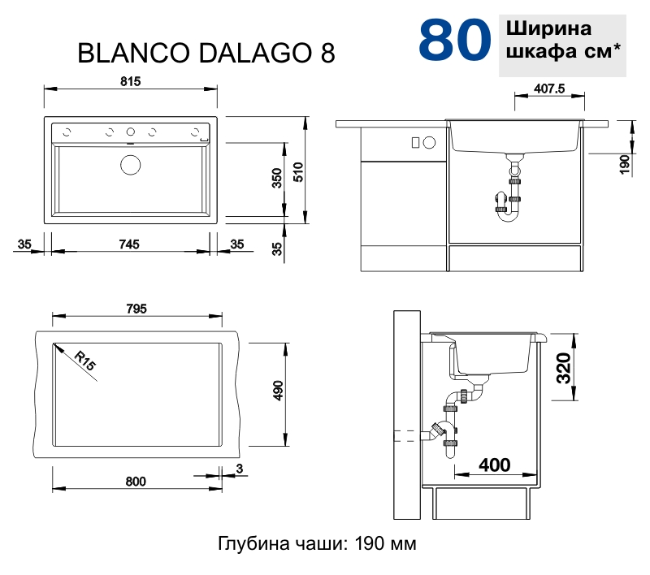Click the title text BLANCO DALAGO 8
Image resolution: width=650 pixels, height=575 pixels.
tap(206, 53)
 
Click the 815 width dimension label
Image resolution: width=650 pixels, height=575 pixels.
tap(131, 80)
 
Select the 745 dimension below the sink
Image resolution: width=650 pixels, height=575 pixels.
tap(129, 243)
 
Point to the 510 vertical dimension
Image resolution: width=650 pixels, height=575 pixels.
tap(298, 172)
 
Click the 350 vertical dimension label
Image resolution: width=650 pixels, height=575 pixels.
tap(276, 179)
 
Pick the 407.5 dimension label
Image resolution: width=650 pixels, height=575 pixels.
tap(549, 89)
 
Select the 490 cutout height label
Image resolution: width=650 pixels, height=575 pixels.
tap(277, 391)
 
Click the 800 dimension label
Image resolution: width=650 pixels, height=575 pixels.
tap(136, 482)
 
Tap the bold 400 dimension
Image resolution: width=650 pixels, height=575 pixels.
tap(495, 465)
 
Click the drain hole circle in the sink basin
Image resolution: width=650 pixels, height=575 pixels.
tap(130, 165)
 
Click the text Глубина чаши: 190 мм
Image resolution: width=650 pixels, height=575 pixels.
tap(317, 543)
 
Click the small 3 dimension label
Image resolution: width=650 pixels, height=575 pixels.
tap(239, 468)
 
